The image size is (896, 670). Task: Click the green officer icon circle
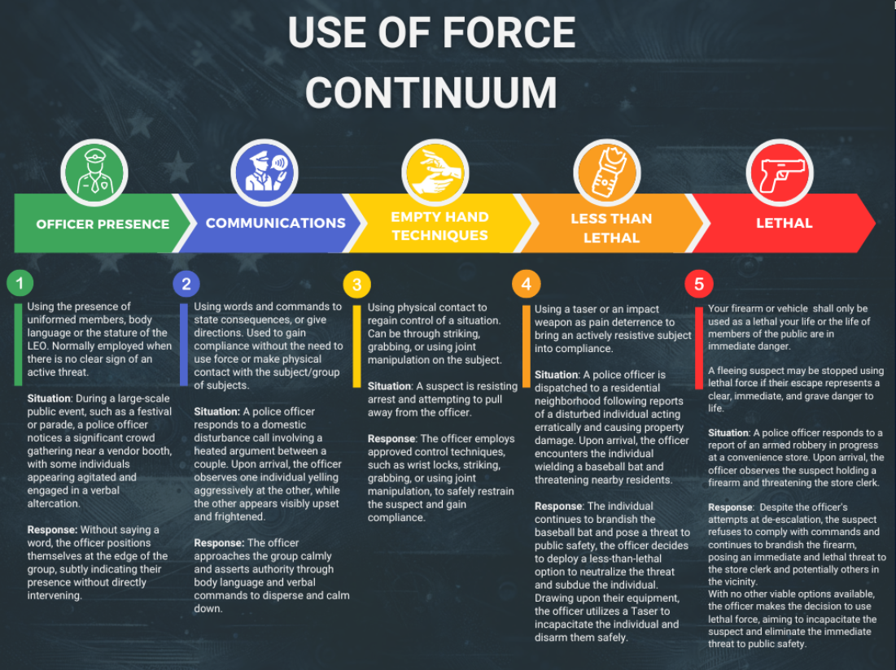click(94, 172)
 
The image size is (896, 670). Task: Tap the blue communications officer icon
click(264, 172)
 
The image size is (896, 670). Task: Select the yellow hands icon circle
click(435, 172)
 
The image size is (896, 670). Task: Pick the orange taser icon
click(607, 172)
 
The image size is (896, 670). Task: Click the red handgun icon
click(780, 172)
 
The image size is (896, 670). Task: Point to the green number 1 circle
click(20, 282)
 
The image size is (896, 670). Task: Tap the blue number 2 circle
click(186, 284)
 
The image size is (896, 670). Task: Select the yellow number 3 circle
click(357, 285)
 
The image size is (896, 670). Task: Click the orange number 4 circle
click(527, 284)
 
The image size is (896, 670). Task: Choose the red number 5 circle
click(699, 284)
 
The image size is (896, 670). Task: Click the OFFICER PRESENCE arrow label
click(103, 224)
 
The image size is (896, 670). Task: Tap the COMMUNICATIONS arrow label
click(275, 223)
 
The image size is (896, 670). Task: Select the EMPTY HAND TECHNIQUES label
click(439, 226)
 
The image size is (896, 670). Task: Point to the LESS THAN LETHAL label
click(611, 228)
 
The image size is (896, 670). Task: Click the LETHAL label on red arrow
click(784, 223)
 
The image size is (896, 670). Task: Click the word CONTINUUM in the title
click(431, 93)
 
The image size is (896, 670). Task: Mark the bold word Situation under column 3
click(389, 386)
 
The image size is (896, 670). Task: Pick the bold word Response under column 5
click(730, 507)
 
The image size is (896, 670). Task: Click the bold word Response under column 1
click(52, 530)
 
